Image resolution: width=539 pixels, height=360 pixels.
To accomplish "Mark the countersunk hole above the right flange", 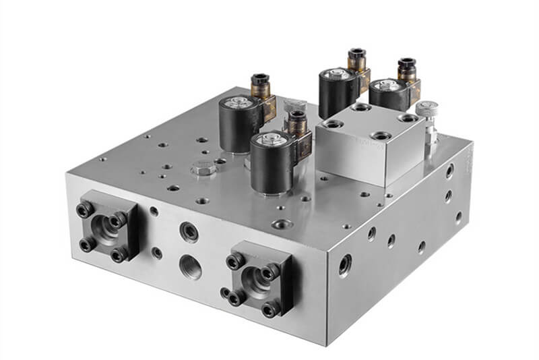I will (x=280, y=223).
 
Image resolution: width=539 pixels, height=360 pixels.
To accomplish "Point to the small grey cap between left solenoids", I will (x=294, y=105).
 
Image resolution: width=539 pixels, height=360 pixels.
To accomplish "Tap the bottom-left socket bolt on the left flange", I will (x=85, y=244).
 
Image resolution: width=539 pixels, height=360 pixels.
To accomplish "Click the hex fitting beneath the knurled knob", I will (x=429, y=136).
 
